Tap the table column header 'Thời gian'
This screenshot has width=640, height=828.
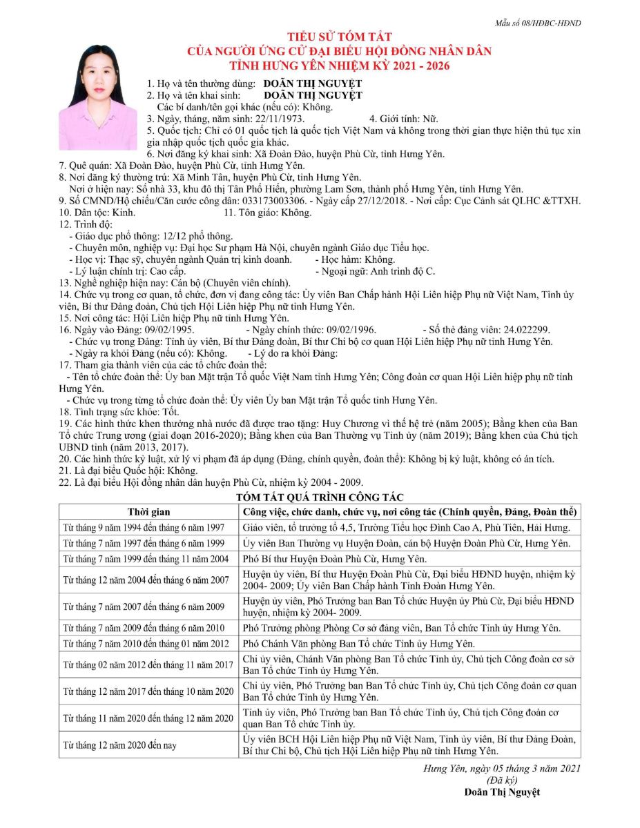[148, 512]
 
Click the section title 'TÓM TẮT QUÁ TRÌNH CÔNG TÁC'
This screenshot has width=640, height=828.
[320, 497]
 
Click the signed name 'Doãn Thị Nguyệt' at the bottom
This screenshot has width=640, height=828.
[502, 792]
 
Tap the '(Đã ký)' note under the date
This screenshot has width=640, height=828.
[502, 780]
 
